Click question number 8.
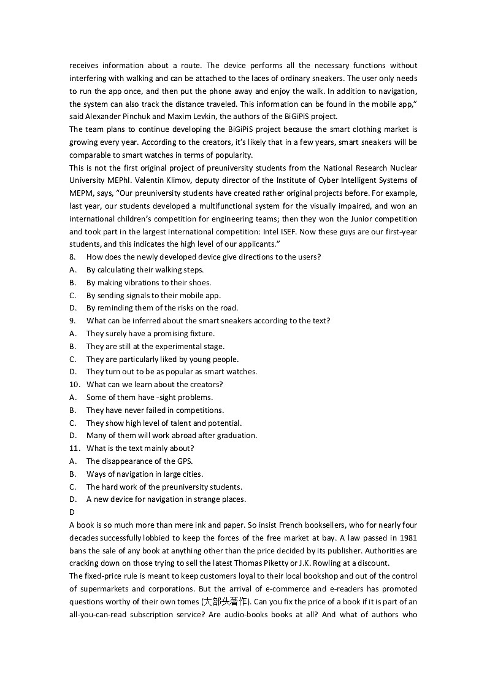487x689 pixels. [72, 257]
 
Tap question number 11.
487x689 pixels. [74, 448]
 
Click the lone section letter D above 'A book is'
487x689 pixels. [72, 512]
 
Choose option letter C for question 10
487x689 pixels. [72, 423]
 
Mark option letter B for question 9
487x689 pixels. [72, 347]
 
